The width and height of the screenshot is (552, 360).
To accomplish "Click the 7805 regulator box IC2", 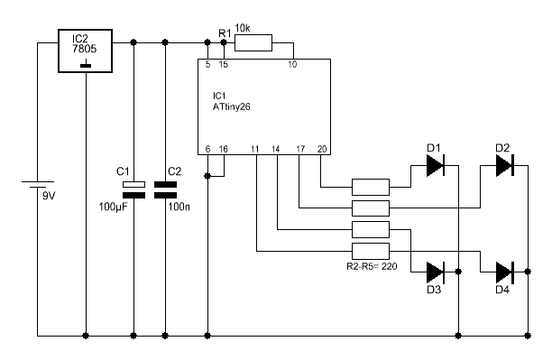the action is click(85, 51).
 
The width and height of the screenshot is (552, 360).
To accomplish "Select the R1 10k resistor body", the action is click(253, 42).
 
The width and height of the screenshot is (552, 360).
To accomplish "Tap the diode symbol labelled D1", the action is click(436, 165).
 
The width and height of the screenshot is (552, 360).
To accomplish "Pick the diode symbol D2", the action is click(505, 165).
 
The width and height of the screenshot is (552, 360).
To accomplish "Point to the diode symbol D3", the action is click(436, 272).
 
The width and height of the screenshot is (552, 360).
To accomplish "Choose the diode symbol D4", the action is click(505, 272).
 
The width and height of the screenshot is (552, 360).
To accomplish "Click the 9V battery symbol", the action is click(38, 185).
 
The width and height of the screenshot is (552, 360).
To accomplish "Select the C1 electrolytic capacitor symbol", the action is click(133, 189).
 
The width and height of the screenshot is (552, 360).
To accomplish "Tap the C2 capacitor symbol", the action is click(165, 189).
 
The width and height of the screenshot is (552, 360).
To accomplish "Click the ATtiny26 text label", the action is click(231, 106).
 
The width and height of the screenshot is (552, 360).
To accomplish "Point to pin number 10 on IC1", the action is click(292, 64).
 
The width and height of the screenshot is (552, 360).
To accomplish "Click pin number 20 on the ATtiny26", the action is click(322, 149).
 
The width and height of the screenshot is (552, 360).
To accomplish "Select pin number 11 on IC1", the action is click(255, 150).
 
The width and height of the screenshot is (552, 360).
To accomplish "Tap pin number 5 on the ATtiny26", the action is click(207, 64).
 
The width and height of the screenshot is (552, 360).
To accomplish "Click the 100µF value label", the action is click(113, 207).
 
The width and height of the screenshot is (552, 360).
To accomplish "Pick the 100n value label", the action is click(179, 207).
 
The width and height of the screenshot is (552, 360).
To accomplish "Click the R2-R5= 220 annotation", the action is click(372, 266).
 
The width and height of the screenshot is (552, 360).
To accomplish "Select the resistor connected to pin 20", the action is click(371, 187).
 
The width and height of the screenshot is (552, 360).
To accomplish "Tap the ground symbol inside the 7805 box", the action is click(86, 66).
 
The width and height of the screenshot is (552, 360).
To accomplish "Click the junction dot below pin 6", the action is click(207, 176).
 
